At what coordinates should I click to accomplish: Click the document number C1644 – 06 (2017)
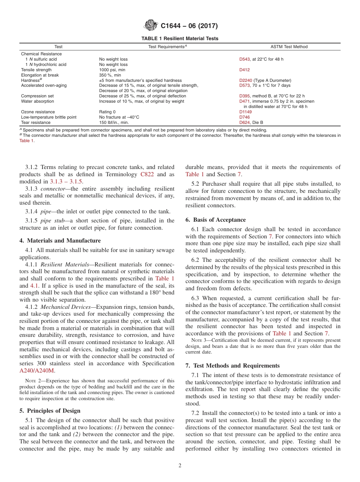click(x=189, y=26)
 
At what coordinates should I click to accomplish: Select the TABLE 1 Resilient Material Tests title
click(x=180, y=39)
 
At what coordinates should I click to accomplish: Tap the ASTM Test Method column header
click(x=289, y=47)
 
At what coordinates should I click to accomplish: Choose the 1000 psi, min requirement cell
click(x=112, y=70)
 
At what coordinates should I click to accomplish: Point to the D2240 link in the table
click(x=246, y=80)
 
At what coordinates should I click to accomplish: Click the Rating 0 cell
click(x=108, y=112)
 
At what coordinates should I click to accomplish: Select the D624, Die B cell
click(x=251, y=123)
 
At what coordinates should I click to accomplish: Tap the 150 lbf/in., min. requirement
click(x=114, y=123)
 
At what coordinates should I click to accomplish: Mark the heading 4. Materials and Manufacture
click(x=60, y=241)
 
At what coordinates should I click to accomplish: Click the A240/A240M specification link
click(x=39, y=371)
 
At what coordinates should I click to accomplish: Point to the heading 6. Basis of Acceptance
click(x=215, y=220)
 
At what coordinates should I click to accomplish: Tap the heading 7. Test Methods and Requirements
click(x=233, y=366)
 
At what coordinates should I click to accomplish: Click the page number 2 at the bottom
click(x=180, y=466)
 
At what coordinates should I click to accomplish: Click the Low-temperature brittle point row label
click(x=49, y=117)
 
